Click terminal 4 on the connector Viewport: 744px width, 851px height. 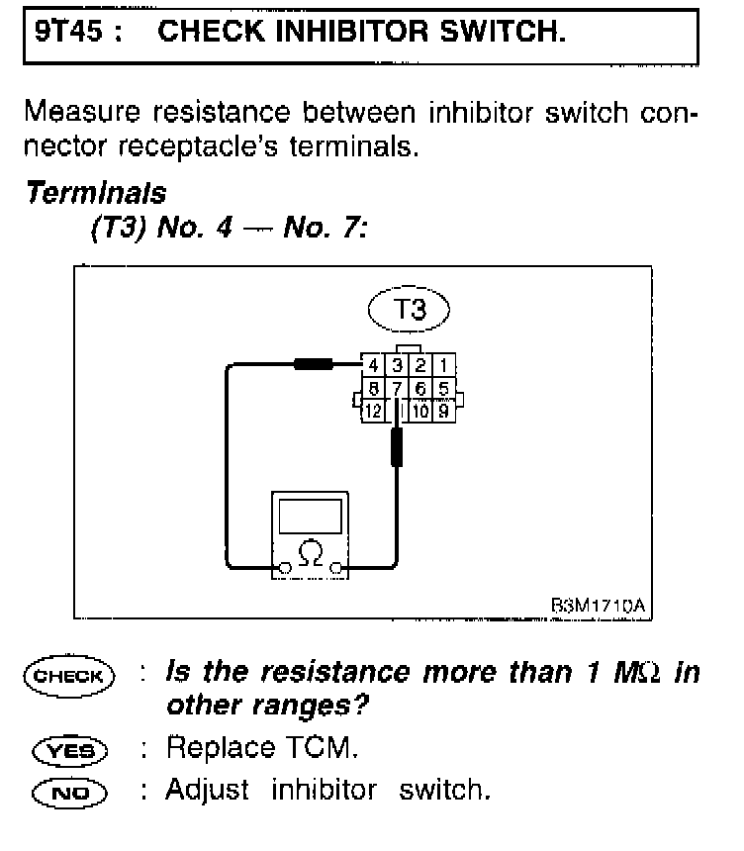tap(372, 367)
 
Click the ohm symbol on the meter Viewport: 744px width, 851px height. tap(311, 547)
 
